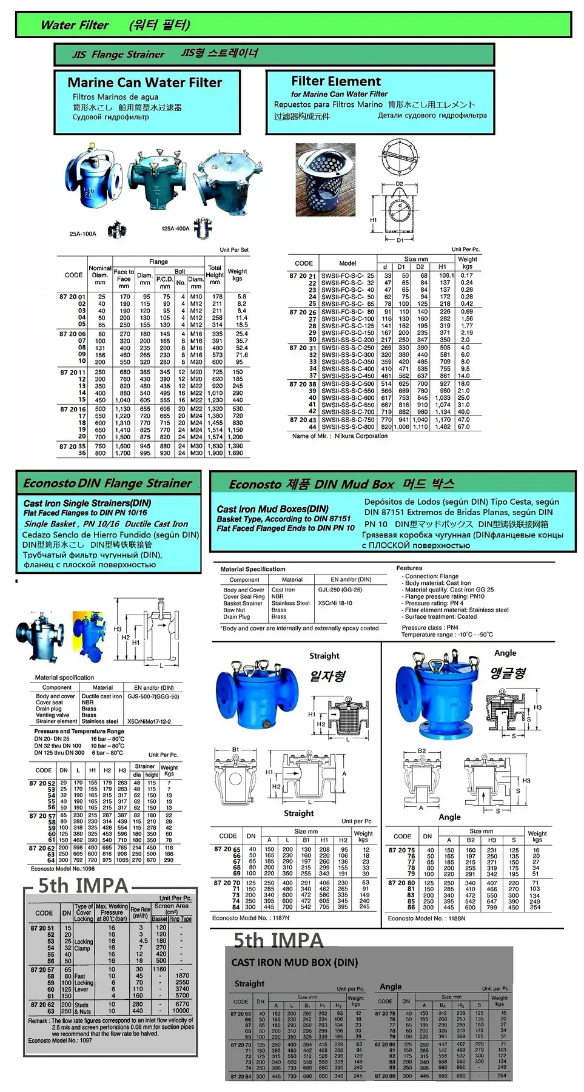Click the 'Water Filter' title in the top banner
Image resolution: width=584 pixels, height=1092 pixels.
74,25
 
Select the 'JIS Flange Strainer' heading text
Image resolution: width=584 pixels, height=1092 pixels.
118,54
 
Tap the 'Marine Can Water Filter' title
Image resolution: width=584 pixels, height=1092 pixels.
144,83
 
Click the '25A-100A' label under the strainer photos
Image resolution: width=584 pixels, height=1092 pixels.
82,234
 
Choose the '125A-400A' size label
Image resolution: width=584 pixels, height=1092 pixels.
175,229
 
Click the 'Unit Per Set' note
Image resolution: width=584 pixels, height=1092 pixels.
234,249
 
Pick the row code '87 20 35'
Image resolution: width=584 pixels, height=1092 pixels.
72,446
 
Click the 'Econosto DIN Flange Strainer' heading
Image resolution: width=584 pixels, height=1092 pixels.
107,484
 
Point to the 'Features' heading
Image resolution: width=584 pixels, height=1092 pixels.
409,568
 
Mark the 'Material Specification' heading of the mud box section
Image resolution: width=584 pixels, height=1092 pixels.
253,569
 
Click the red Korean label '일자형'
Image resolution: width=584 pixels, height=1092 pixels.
327,676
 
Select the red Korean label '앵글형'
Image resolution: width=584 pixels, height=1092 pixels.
508,673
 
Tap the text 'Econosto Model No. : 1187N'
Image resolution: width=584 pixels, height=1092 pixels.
250,918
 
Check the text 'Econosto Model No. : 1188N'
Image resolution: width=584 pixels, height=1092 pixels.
426,918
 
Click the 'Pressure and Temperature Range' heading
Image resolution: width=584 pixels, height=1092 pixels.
79,731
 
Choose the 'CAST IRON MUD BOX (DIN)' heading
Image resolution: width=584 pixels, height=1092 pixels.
295,962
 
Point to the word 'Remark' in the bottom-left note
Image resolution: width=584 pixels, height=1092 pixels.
38,1020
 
